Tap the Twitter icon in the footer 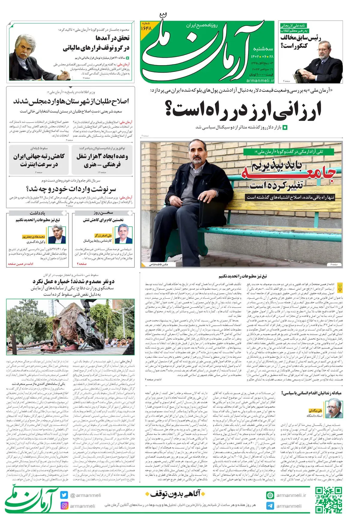(x=64, y=495)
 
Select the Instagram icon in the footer (x=64, y=505)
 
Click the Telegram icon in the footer (x=270, y=506)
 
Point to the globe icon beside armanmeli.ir (x=270, y=495)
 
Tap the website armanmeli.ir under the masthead (x=260, y=80)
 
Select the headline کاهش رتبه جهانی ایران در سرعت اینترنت (x=39, y=160)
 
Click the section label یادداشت (x=37, y=213)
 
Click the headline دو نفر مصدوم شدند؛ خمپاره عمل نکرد (x=73, y=281)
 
